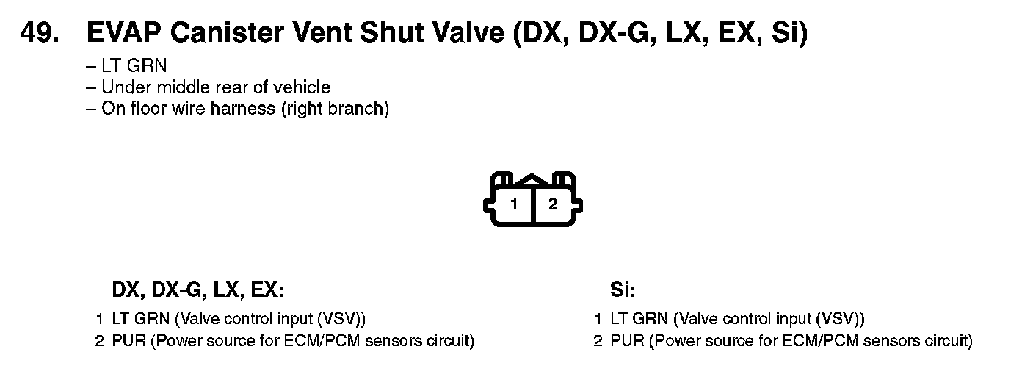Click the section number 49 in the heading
click(x=41, y=33)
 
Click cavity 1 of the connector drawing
click(x=515, y=204)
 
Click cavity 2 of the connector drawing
click(x=553, y=204)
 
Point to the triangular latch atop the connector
click(x=534, y=179)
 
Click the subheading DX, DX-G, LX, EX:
click(x=197, y=290)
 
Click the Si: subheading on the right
click(x=622, y=290)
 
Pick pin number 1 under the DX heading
click(x=99, y=320)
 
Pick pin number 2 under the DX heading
click(x=99, y=341)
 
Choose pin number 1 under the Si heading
click(x=598, y=320)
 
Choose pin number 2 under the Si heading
click(x=598, y=341)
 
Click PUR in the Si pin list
click(x=628, y=341)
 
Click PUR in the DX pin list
click(x=128, y=341)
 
